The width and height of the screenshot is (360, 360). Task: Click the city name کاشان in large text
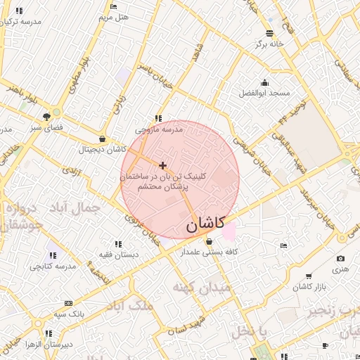(205, 224)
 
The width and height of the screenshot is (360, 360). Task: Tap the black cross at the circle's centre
(163, 165)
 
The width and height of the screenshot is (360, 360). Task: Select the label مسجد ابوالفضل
(264, 94)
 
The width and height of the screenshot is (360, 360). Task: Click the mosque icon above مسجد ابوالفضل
(264, 82)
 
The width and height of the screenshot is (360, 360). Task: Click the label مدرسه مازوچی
(160, 129)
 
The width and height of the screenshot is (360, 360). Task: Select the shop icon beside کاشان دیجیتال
(103, 139)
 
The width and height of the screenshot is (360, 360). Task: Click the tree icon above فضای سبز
(46, 116)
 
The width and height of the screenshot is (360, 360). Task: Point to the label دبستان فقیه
(118, 253)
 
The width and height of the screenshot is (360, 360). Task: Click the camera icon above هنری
(341, 259)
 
